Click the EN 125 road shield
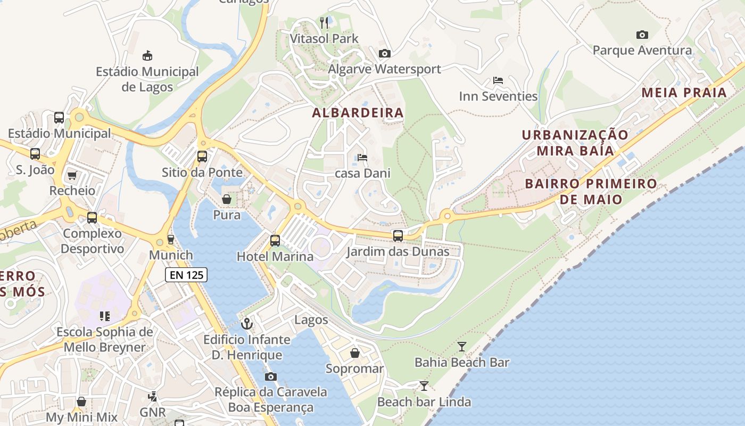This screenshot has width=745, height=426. click(x=186, y=275)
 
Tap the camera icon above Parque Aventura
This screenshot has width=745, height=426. click(x=642, y=35)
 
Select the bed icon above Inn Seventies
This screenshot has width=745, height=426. click(x=498, y=80)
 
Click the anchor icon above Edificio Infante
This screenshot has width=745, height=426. click(x=247, y=323)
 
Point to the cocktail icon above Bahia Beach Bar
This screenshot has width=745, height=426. click(x=462, y=347)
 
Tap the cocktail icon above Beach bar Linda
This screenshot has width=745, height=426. click(x=424, y=386)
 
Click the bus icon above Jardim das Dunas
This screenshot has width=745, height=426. click(x=398, y=235)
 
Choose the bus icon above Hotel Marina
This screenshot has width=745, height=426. click(x=275, y=240)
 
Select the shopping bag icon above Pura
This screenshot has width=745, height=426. click(x=227, y=199)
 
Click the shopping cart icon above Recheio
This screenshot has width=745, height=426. click(x=72, y=175)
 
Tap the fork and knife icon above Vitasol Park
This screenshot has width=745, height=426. click(x=324, y=22)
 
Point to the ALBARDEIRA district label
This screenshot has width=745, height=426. click(x=358, y=113)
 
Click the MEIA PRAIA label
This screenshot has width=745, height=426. click(x=684, y=93)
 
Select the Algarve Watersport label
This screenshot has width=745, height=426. click(x=384, y=69)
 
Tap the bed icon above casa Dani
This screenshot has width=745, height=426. click(x=362, y=157)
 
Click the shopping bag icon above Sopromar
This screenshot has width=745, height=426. click(x=355, y=353)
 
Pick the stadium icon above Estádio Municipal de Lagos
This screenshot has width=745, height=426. click(x=147, y=55)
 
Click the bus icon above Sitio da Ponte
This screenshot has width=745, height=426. click(x=202, y=157)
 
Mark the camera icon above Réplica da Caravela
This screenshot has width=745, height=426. click(x=271, y=376)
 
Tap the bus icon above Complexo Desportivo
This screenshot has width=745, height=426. click(x=92, y=217)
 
